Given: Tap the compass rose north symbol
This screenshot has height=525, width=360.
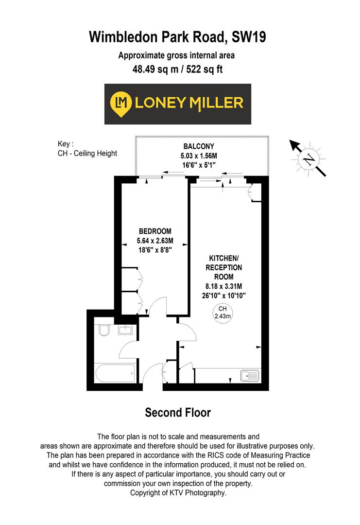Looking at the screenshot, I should point(308,158).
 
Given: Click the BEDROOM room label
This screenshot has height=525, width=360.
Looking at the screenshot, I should point(155,231).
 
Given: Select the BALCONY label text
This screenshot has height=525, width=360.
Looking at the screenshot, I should point(199,146).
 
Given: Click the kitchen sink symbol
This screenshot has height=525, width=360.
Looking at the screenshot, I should point(250,376).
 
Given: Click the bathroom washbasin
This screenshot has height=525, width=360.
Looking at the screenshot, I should point(126,331).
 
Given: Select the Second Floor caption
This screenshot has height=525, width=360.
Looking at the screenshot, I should point(178,413).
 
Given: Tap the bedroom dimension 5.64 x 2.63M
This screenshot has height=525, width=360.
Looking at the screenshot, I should point(155,240).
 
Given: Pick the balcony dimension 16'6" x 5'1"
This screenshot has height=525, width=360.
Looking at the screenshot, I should point(199,165).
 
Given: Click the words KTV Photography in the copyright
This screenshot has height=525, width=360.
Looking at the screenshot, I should point(199,493).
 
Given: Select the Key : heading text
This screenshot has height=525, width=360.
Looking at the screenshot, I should point(65,144).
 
